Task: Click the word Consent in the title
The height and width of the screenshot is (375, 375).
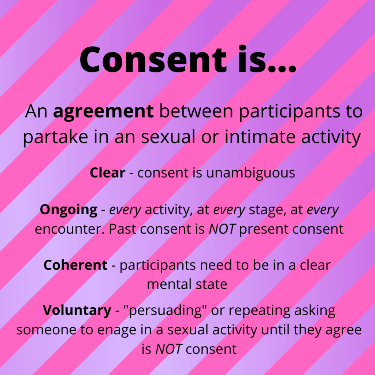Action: coord(153,59)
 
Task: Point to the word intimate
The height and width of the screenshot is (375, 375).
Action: coord(260,137)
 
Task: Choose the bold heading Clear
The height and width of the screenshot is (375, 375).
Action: coord(107,172)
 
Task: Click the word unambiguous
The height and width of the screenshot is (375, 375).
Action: coord(250,173)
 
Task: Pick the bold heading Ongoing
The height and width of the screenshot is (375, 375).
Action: coord(68,210)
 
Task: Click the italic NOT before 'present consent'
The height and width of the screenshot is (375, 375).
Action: coord(222,229)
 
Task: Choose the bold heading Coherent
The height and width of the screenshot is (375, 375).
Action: coord(75,265)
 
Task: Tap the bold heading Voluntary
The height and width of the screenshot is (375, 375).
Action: coord(77,311)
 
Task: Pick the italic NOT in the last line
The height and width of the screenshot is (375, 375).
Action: coord(169,349)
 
